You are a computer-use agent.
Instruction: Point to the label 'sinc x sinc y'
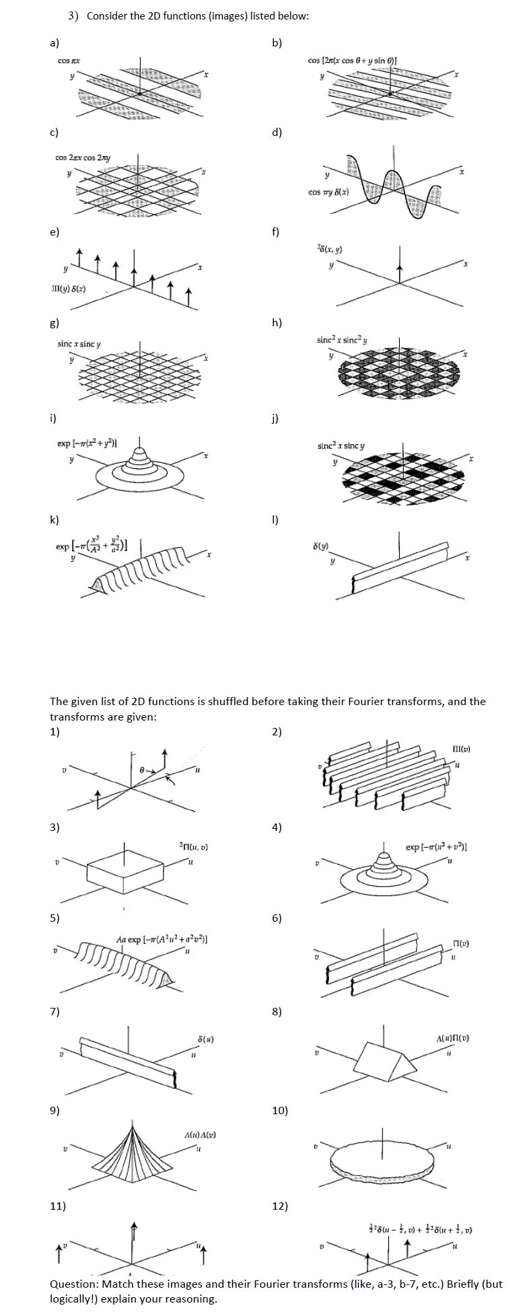[x=79, y=344]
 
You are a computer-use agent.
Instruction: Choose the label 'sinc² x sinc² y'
[x=341, y=340]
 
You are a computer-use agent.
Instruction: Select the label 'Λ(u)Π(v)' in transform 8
[x=452, y=1038]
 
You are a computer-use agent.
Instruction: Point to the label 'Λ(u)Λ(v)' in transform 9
[x=200, y=1135]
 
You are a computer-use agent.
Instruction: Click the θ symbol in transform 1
[x=142, y=768]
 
